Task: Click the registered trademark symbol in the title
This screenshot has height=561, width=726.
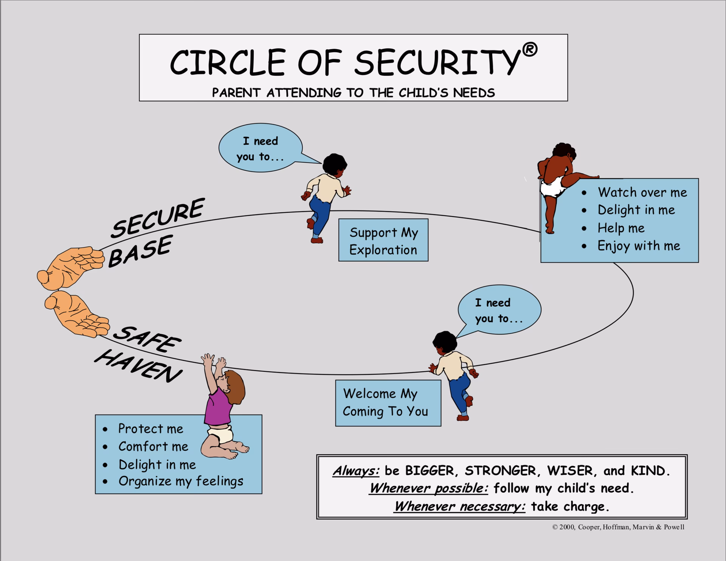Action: pyautogui.click(x=530, y=50)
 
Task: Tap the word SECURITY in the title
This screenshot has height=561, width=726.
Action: pyautogui.click(x=436, y=62)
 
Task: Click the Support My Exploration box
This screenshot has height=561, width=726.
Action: pyautogui.click(x=383, y=240)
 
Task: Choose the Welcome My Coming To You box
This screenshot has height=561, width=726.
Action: pyautogui.click(x=388, y=403)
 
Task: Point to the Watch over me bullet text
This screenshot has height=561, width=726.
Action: pyautogui.click(x=642, y=192)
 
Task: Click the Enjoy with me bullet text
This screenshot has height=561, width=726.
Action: pyautogui.click(x=639, y=246)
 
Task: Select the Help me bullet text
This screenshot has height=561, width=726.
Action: pyautogui.click(x=621, y=228)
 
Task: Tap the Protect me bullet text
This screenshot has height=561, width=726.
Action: pyautogui.click(x=150, y=429)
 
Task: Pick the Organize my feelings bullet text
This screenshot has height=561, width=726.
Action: pyautogui.click(x=181, y=481)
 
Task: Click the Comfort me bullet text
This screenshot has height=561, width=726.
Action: pyautogui.click(x=153, y=446)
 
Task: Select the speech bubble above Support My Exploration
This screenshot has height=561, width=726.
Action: pyautogui.click(x=261, y=148)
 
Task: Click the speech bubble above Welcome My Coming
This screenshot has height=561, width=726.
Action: pyautogui.click(x=499, y=310)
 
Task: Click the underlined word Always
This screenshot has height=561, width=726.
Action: pyautogui.click(x=356, y=471)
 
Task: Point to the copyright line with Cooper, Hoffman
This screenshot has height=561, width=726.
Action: pyautogui.click(x=618, y=527)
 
